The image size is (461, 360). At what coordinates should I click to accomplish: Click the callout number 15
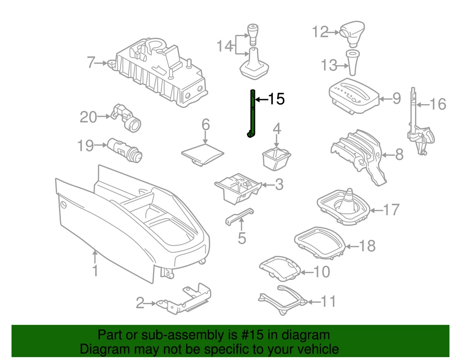(x=276, y=99)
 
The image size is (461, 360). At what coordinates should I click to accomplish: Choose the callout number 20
(x=88, y=116)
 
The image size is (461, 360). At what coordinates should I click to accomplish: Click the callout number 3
(x=279, y=185)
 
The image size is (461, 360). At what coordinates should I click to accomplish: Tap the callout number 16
(x=437, y=104)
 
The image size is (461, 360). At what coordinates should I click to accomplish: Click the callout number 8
(x=399, y=155)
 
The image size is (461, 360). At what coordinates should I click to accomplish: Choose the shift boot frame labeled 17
(x=344, y=207)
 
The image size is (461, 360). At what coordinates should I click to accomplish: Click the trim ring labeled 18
(x=319, y=240)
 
